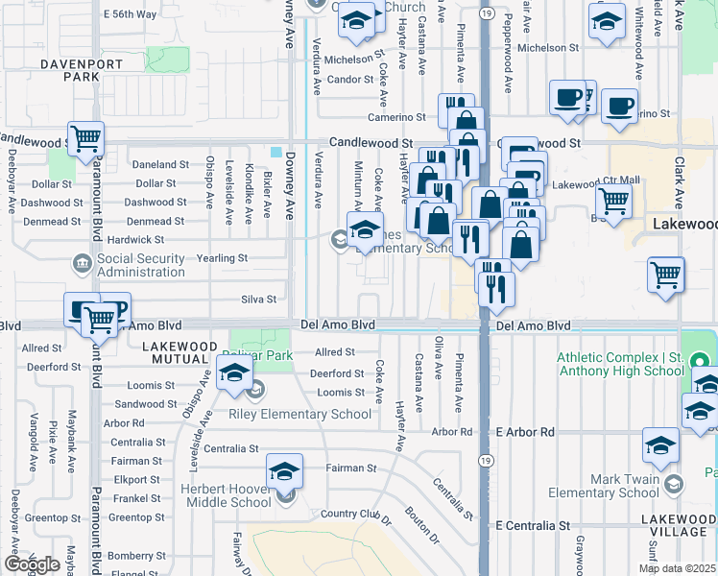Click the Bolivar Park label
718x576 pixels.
tap(265, 356)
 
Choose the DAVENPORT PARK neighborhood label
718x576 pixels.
tap(55, 70)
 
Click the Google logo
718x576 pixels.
tap(32, 564)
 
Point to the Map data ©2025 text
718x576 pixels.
tap(677, 568)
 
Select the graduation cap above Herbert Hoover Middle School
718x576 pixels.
tap(284, 471)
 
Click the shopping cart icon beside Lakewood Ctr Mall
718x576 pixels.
tap(613, 202)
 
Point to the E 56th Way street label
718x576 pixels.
tap(131, 14)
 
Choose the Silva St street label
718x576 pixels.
tap(258, 300)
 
